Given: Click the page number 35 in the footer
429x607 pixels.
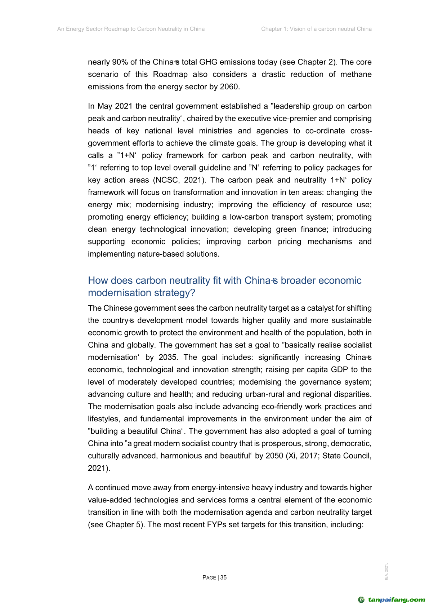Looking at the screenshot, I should tap(224, 577).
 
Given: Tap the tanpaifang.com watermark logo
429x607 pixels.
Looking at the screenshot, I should tap(392, 600).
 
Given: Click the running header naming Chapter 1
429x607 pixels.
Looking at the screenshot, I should tap(316, 29).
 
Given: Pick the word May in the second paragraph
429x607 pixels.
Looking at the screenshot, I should tap(105, 106).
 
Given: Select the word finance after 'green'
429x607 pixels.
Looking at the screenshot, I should tap(314, 229).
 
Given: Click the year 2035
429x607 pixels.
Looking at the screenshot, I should tap(168, 357).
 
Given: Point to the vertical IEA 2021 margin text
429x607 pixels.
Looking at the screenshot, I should tap(386, 572).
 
